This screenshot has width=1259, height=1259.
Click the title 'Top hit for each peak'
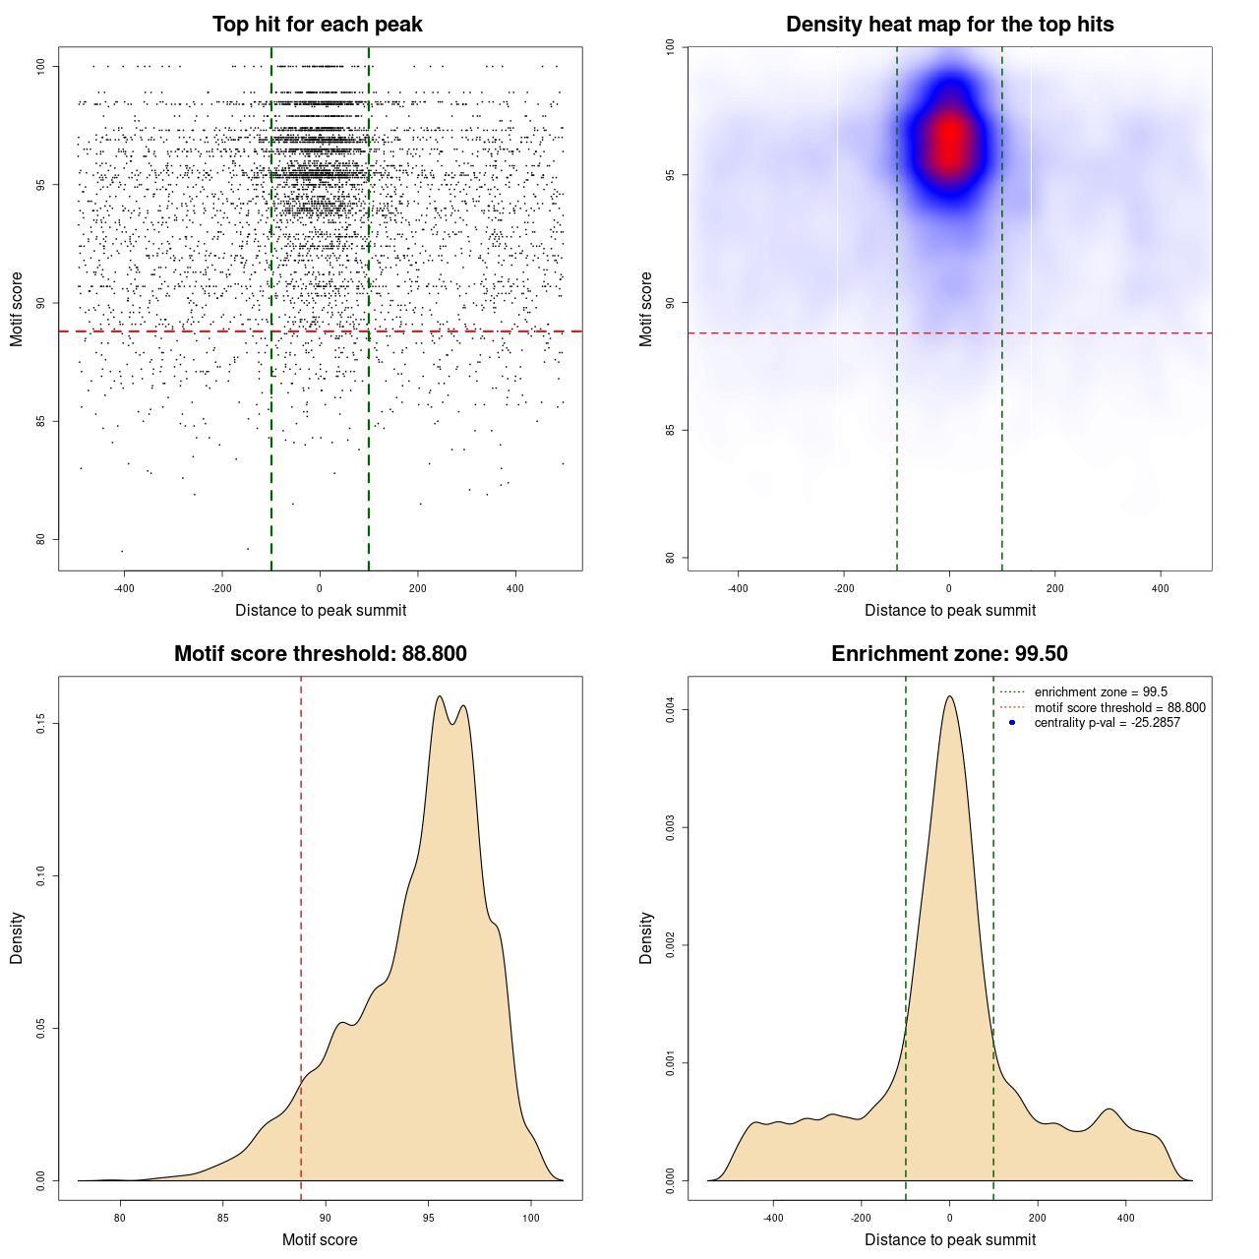pos(318,25)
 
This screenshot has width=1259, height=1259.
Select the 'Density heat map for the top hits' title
pos(950,25)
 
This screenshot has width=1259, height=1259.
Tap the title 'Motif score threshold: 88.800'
pos(321,654)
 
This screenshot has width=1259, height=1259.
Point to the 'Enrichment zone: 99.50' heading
pos(950,654)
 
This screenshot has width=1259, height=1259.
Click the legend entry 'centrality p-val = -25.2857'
pos(1107,723)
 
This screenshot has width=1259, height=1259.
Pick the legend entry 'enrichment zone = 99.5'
pos(1101,692)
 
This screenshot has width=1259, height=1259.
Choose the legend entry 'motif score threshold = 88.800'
pos(1119,708)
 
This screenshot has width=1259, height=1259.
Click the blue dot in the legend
pos(1012,723)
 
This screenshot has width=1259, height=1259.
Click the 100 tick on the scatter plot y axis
pos(41,66)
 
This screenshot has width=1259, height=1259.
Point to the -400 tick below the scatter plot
pos(124,589)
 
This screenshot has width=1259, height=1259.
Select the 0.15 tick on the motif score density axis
pos(41,724)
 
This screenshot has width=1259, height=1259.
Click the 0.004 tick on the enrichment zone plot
pos(671,710)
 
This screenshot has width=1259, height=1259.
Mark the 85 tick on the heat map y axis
pos(671,430)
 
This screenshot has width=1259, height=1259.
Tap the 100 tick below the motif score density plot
pos(531,1219)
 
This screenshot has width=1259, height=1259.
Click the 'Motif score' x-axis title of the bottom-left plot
pos(320,1240)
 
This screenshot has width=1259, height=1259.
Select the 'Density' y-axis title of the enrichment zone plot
pos(646,937)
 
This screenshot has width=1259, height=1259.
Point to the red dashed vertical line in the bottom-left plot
pos(301,934)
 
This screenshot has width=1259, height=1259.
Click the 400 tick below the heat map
pos(1161,589)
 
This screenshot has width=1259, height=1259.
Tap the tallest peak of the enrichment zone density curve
pos(949,697)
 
